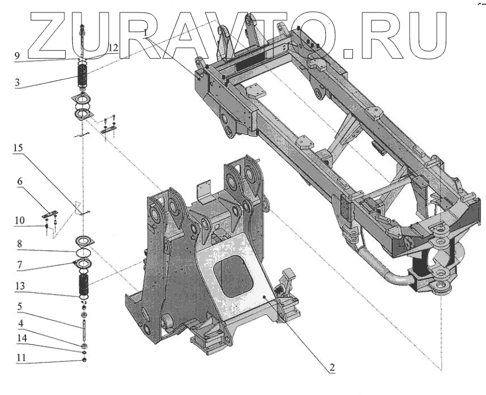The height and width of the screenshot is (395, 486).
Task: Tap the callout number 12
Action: [113, 47]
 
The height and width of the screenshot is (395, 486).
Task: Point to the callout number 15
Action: [18, 156]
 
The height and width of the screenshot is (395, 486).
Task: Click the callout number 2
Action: [332, 368]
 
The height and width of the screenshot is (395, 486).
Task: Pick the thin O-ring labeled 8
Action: [84, 251]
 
